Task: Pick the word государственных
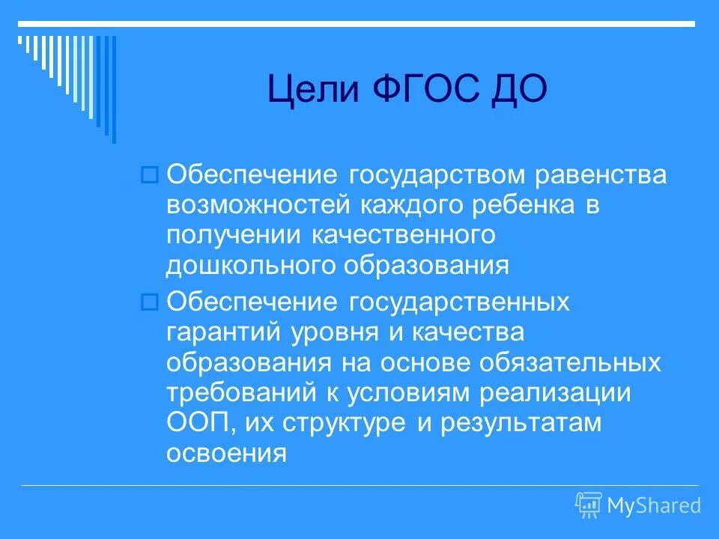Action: [458, 302]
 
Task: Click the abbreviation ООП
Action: [197, 421]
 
